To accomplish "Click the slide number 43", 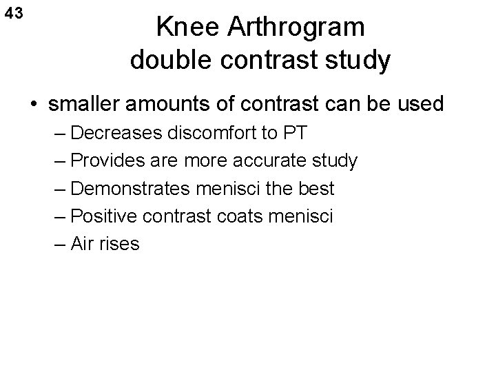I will [13, 13].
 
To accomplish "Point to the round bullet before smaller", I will [33, 105].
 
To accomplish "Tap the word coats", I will [248, 216].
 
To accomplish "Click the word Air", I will [83, 243].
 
